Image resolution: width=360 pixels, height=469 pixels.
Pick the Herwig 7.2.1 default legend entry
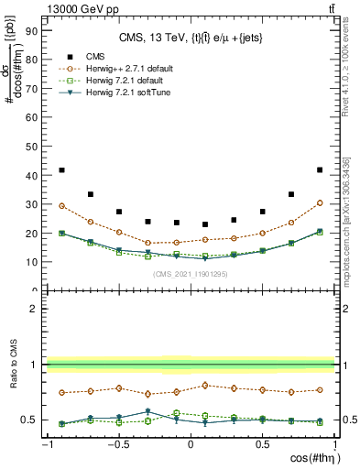pos(128,82)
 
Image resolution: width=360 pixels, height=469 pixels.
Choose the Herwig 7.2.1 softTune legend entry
pos(130,93)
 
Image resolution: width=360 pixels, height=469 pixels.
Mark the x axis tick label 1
pos(333,445)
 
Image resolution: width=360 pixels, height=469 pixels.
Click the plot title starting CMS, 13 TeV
pos(190,38)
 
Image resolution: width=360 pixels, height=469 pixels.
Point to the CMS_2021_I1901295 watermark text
pos(190,272)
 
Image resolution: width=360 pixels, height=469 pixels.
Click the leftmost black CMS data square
pos(61,170)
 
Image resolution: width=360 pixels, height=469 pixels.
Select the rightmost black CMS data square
pos(319,170)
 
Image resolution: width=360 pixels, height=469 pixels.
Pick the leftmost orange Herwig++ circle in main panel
pos(61,206)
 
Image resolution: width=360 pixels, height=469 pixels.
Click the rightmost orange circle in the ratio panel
pos(319,390)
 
